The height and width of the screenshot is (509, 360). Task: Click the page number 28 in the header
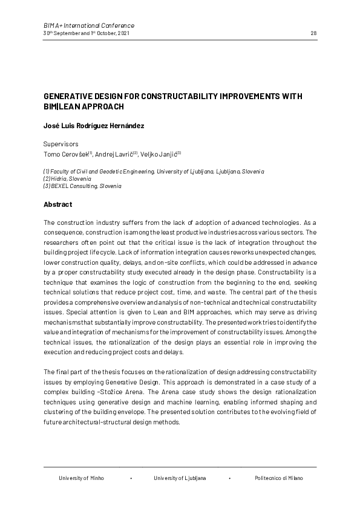tap(313, 33)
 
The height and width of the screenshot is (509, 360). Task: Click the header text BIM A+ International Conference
tap(89, 25)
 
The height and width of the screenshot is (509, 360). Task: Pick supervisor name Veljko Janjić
tap(161, 154)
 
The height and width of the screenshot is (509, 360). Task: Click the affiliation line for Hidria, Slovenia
tap(67, 179)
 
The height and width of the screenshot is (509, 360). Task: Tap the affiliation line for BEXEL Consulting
tap(82, 186)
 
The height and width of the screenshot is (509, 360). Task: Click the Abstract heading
tap(58, 204)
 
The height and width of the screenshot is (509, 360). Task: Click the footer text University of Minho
tap(81, 478)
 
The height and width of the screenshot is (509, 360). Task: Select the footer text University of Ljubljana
tap(180, 478)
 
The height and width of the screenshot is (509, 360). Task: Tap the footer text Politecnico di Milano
tap(279, 478)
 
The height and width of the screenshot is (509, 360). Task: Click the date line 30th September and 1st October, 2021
tap(86, 33)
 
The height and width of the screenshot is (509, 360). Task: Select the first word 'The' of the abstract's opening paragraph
tap(49, 223)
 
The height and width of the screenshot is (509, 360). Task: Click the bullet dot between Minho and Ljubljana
tap(131, 478)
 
